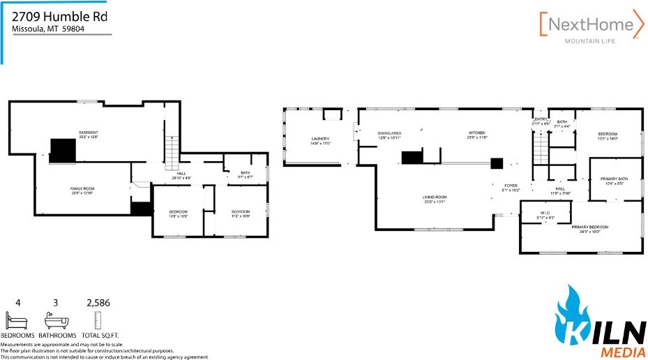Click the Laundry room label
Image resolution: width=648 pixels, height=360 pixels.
(x=320, y=139)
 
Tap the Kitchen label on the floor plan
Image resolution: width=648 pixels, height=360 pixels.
(x=476, y=133)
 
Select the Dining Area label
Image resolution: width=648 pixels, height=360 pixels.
(x=389, y=133)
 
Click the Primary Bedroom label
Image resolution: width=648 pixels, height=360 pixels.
(x=589, y=227)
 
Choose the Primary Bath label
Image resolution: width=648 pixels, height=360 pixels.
(x=614, y=179)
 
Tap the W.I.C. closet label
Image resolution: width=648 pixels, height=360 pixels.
(x=545, y=214)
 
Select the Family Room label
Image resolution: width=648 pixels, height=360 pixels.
(x=82, y=189)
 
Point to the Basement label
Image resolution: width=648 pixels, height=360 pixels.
(x=88, y=133)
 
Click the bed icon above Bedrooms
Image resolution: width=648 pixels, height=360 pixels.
(x=17, y=322)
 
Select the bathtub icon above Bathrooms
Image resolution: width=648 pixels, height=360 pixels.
(x=56, y=322)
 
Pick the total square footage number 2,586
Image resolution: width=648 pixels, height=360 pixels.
(x=98, y=303)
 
